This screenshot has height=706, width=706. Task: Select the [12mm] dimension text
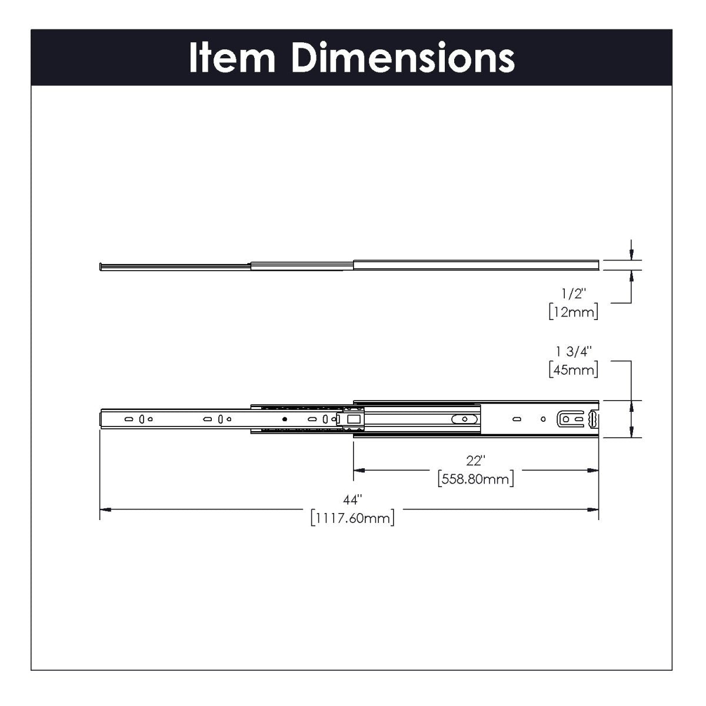(574, 312)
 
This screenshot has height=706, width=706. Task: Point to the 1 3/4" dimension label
(574, 352)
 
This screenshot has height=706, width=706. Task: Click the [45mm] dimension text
(574, 369)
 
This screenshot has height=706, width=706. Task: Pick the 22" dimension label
(475, 460)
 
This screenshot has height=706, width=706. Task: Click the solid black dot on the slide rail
(284, 419)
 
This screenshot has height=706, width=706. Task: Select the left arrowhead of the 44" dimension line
(105, 508)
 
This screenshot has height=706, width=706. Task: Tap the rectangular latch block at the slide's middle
(353, 419)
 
